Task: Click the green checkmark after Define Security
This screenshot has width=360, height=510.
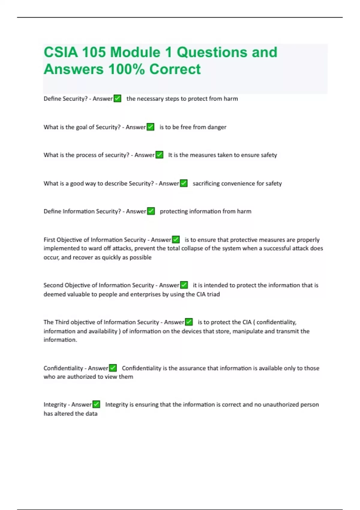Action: (117, 98)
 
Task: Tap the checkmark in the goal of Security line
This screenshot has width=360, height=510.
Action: (150, 127)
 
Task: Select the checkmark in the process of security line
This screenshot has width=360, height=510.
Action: (159, 155)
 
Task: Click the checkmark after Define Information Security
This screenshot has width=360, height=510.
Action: (151, 211)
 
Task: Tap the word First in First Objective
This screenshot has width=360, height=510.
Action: (49, 240)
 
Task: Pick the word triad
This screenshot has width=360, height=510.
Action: (213, 294)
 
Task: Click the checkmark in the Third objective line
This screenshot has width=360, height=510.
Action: (189, 322)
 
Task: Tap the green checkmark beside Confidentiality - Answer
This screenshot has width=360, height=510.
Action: (113, 368)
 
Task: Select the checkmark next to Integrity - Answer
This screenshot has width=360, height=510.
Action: (96, 404)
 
